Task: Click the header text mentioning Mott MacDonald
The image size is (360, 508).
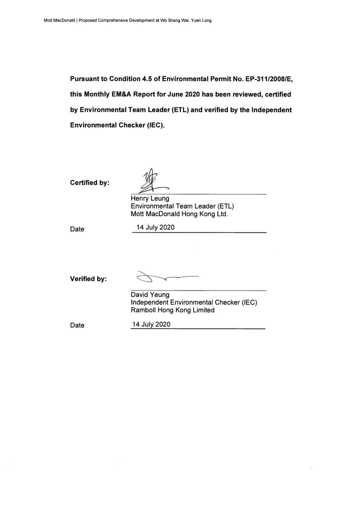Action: (127, 21)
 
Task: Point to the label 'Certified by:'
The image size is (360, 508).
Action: (90, 183)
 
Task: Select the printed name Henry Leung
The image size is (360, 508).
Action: (150, 199)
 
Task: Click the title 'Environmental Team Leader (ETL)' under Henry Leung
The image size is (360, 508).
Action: (182, 206)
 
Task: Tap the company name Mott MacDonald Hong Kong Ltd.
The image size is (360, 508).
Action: (179, 214)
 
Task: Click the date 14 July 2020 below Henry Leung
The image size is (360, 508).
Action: (155, 228)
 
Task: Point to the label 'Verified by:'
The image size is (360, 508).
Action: (88, 279)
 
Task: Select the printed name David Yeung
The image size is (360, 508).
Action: (150, 295)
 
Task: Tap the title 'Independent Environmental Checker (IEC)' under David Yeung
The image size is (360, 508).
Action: (194, 302)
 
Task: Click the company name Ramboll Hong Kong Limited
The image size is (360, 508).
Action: (172, 310)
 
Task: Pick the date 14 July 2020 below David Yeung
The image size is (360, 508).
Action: (151, 324)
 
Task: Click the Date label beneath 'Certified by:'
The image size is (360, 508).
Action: (77, 229)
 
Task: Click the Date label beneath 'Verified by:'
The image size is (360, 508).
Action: (77, 326)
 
